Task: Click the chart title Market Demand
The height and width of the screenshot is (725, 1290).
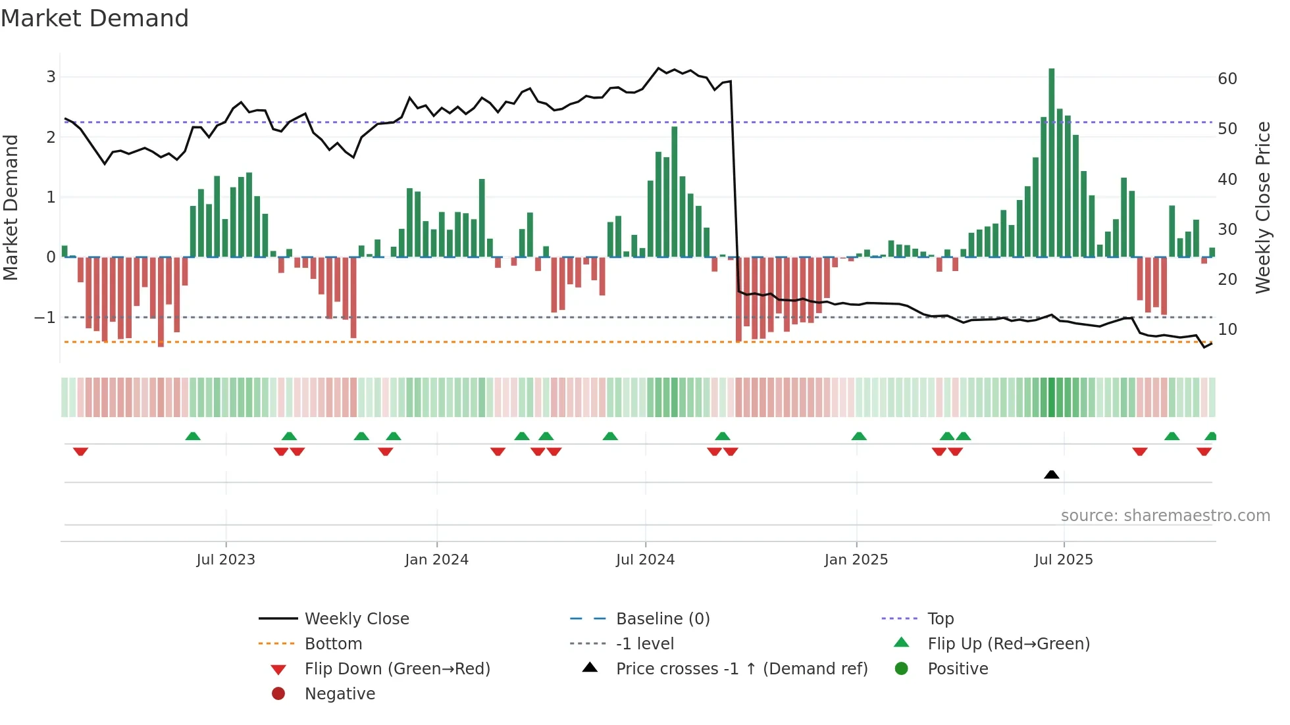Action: coord(95,18)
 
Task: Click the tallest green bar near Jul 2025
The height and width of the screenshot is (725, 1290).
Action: coord(1051,162)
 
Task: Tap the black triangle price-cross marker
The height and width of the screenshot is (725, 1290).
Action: coord(1051,474)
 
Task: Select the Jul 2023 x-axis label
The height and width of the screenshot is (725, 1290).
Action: coord(225,560)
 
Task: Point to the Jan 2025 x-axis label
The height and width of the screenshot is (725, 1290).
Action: coord(856,560)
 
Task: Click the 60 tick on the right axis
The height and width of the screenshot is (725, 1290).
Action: coord(1227,79)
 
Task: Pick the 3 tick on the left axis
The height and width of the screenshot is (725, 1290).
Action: coord(51,77)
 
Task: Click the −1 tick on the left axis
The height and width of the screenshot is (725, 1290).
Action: coord(45,318)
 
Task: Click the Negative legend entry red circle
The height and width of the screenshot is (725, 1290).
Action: coord(278,693)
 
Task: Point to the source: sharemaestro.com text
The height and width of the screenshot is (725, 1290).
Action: coord(1165,516)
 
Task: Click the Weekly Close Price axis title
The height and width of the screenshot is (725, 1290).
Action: coord(1262,207)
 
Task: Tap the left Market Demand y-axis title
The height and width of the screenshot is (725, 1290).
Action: coord(11,207)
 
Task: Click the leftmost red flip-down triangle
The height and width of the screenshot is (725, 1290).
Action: coord(80,451)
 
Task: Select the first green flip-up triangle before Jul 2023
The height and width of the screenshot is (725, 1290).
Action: coord(193,436)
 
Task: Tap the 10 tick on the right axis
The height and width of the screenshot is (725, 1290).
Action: coord(1227,330)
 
